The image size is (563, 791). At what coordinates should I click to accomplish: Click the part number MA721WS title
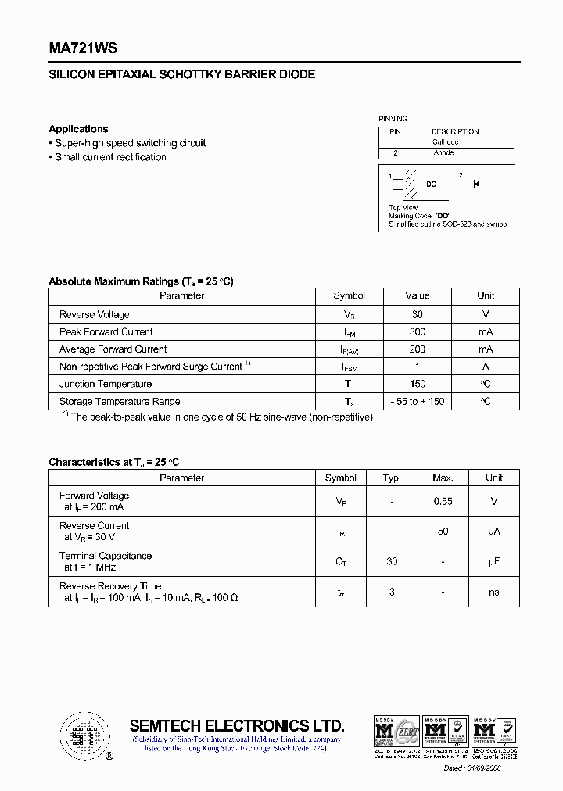coord(83,48)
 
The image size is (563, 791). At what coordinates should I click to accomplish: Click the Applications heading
coord(78,129)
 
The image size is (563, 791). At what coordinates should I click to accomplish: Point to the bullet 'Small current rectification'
coord(110,157)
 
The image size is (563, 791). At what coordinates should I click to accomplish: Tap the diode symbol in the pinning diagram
coord(475,184)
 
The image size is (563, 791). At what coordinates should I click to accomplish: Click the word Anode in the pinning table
coord(443,153)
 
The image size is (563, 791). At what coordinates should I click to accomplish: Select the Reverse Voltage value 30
coord(417,314)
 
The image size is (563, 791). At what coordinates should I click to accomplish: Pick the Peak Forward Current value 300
coord(417,332)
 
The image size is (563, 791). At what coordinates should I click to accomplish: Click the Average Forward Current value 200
coord(417,349)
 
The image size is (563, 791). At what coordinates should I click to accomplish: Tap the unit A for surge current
coord(486,367)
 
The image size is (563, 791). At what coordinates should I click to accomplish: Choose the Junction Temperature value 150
coord(417,384)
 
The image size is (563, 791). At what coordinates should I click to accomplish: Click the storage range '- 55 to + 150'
coord(417,401)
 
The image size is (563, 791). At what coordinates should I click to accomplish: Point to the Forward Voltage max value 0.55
coord(443,501)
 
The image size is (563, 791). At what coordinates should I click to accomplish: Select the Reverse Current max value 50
coord(443,532)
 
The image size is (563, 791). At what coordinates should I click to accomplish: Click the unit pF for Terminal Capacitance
coord(493,561)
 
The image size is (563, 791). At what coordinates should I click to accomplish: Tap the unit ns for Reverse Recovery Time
coord(493,592)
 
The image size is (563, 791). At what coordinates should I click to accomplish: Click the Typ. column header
coord(392,478)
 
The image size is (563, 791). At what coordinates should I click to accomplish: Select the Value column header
coord(417,295)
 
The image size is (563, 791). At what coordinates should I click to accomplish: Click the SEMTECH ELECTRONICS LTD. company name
coord(236,725)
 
